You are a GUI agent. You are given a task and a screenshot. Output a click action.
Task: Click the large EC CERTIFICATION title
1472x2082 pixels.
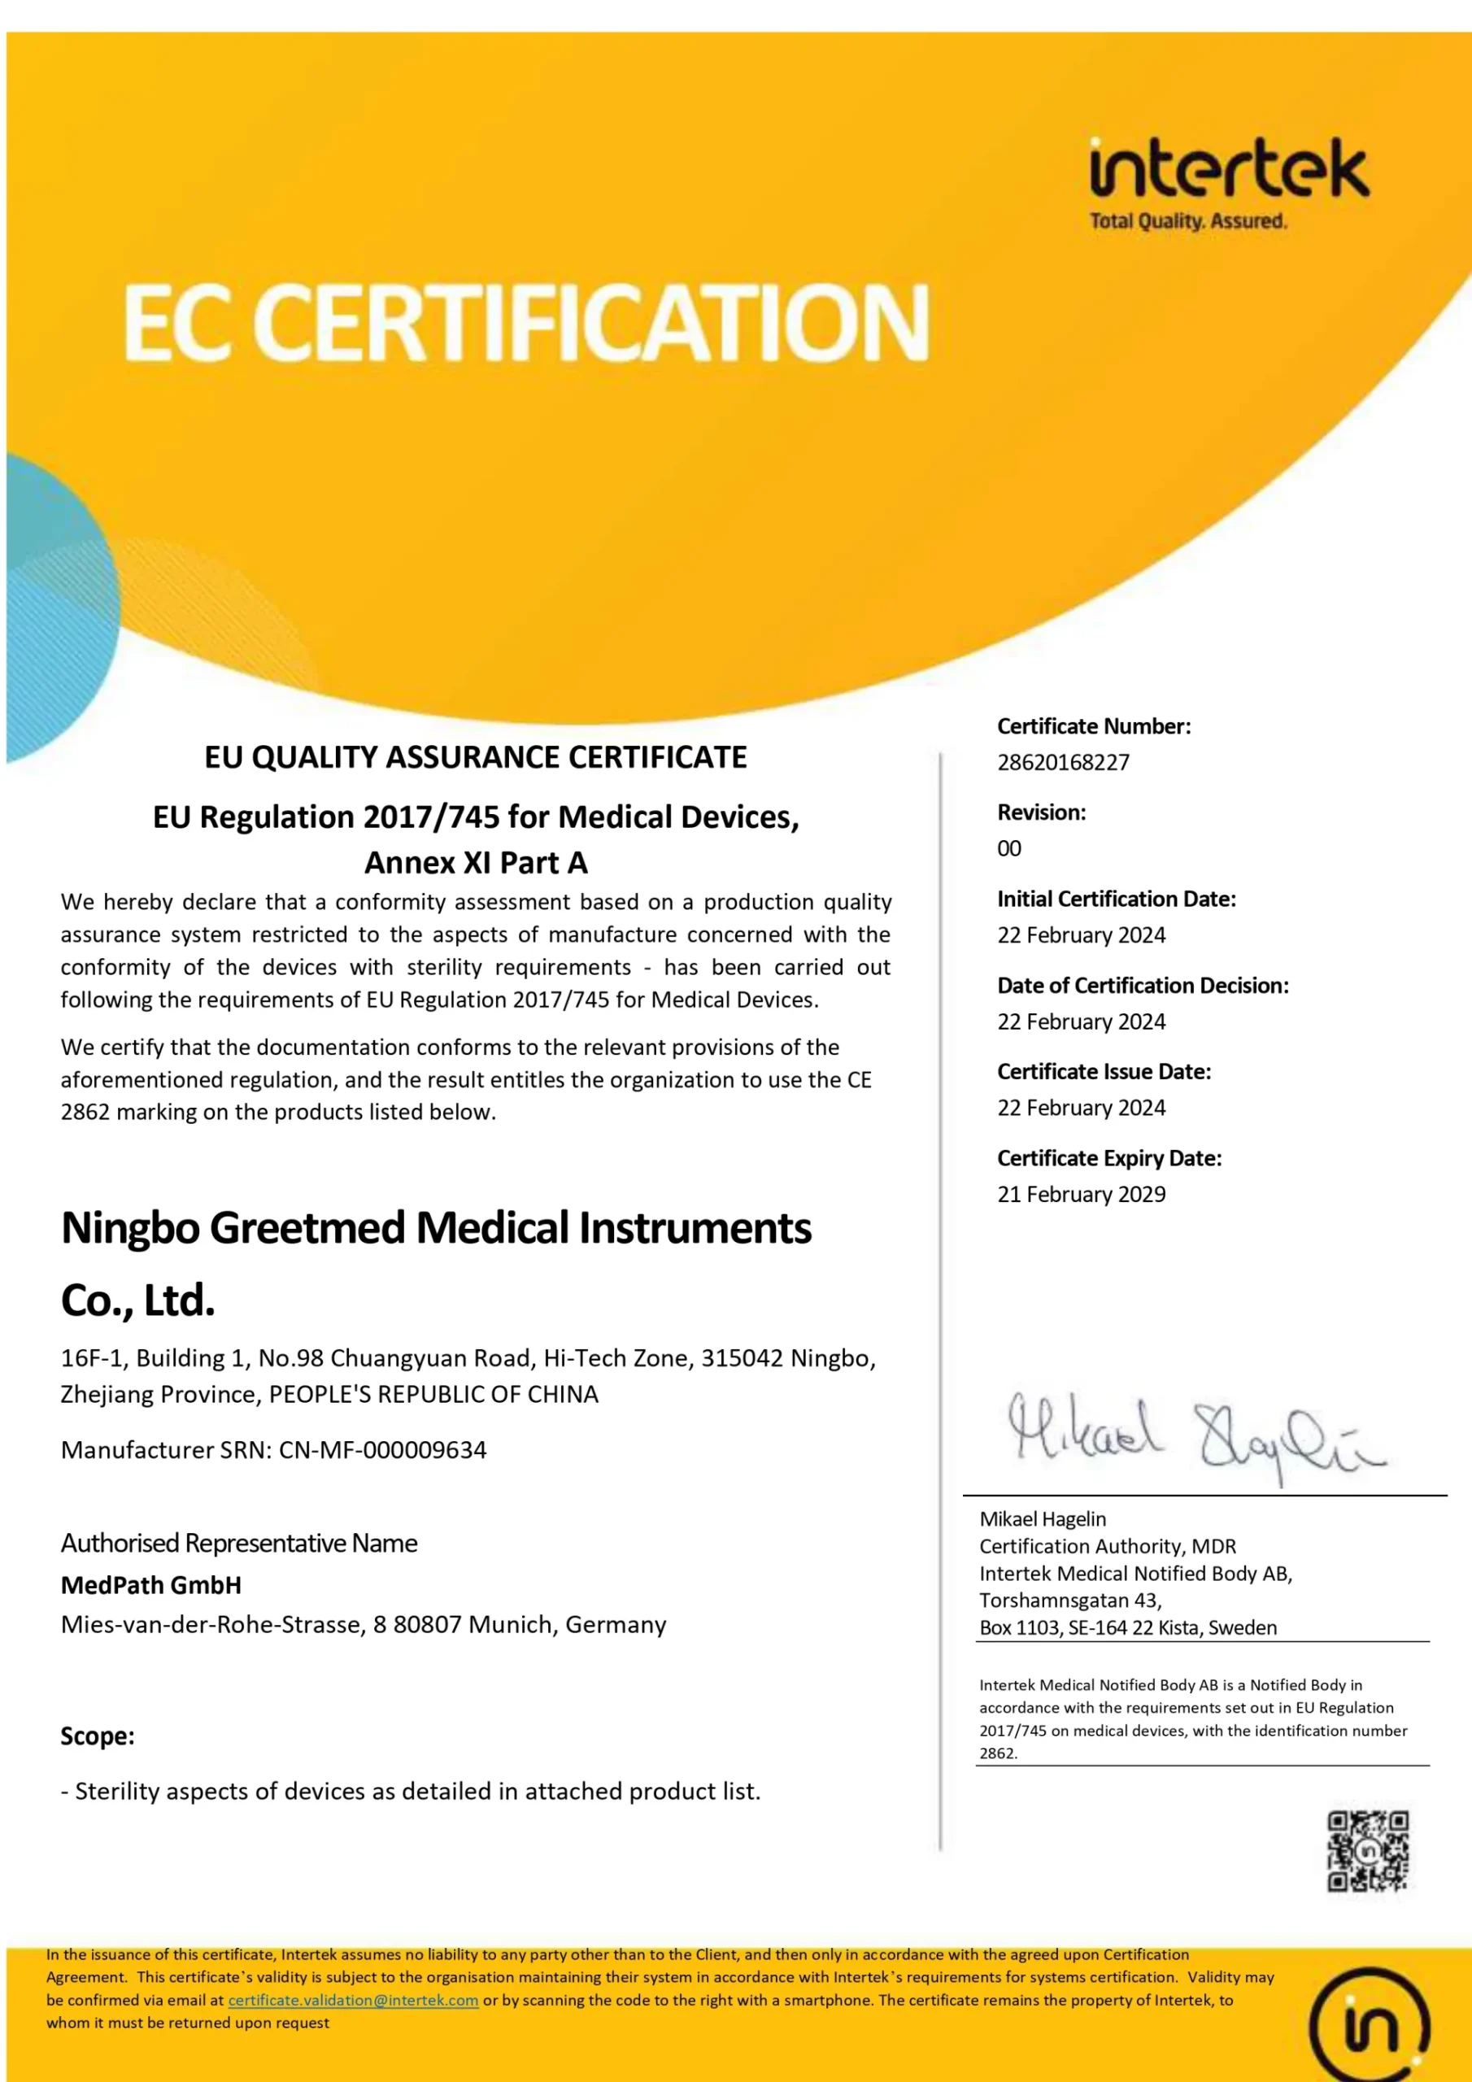coord(526,322)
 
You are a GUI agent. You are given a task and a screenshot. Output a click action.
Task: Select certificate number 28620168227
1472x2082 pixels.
coord(1063,762)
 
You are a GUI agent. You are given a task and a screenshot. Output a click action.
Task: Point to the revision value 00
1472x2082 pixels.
coord(1008,848)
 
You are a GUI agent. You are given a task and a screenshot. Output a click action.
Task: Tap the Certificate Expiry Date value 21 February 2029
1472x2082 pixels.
coord(1081,1193)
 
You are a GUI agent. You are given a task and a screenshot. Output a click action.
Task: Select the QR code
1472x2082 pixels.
coord(1367,1851)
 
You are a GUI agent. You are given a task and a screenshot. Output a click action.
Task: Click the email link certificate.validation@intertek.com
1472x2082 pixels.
coord(353,2001)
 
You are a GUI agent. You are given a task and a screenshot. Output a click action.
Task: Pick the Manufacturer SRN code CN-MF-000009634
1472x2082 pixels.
coord(382,1449)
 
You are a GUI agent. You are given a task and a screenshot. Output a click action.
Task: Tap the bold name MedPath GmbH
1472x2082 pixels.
coord(150,1584)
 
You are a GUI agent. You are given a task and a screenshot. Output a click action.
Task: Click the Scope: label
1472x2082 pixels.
coord(97,1735)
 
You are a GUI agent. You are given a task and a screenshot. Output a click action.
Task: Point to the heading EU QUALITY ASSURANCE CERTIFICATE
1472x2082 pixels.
coord(475,756)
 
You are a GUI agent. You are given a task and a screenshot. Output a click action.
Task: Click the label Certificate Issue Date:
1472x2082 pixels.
coord(1104,1071)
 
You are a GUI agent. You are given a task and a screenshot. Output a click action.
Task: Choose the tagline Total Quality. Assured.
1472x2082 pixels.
coord(1187,220)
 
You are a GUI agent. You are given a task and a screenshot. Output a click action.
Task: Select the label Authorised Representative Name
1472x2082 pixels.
coord(238,1543)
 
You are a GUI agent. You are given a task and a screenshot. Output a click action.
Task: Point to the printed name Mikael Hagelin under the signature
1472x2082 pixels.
coord(1042,1519)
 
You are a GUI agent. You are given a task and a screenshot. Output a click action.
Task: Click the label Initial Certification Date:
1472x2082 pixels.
coord(1116,899)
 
